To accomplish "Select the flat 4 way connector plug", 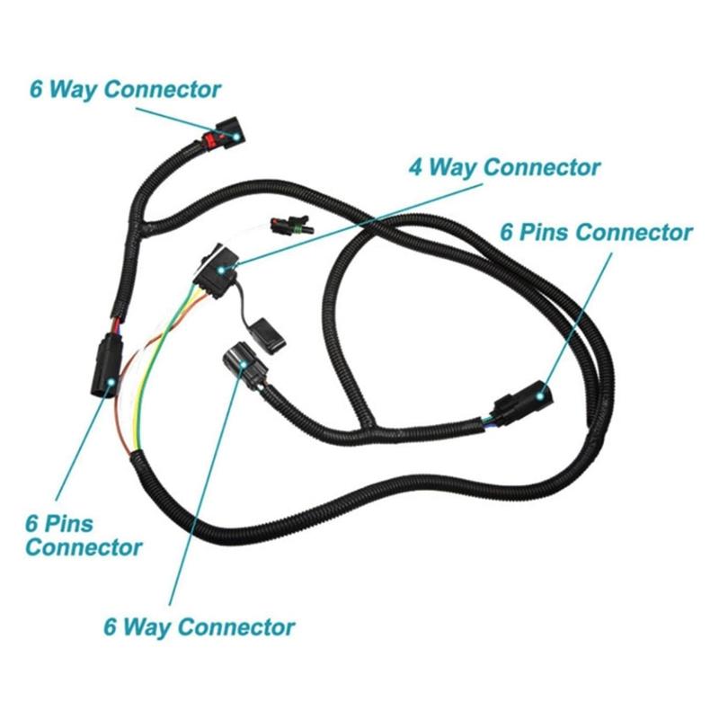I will [219, 261].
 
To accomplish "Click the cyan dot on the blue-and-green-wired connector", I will [541, 392].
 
